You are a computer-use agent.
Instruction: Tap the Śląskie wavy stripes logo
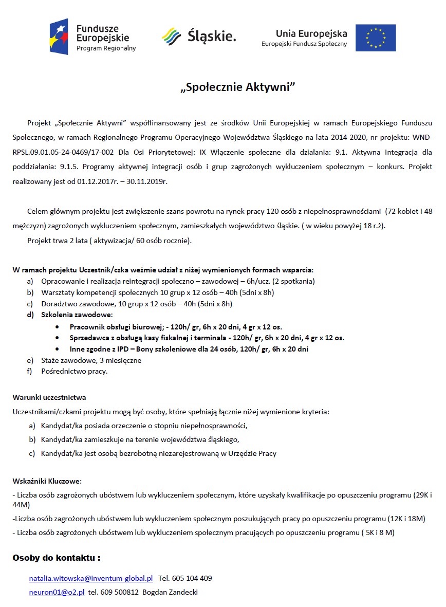171,36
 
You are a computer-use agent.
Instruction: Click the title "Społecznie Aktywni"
238,87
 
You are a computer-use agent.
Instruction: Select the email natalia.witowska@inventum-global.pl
91,578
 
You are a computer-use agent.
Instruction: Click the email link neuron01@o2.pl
57,592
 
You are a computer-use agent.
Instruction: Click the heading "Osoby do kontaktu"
56,558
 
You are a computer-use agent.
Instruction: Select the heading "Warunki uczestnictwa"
49,397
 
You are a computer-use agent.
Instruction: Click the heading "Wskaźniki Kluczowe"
47,482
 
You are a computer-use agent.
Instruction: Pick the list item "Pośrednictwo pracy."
75,371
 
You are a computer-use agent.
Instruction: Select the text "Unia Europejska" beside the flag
311,33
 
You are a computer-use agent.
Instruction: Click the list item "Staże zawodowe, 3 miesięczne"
91,360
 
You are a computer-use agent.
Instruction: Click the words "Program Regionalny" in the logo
106,48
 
